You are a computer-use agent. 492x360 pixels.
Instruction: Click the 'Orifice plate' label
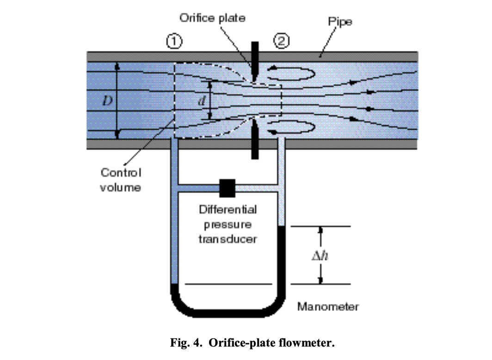pos(212,18)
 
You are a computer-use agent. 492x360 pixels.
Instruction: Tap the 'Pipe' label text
pos(340,21)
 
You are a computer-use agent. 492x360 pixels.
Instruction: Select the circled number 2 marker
pos(282,42)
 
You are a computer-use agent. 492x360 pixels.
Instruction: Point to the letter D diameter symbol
pos(107,100)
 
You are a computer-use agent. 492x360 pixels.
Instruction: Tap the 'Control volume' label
pos(121,180)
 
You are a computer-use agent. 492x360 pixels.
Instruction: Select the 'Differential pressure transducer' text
pos(228,224)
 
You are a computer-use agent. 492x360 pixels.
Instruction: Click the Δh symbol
pos(320,255)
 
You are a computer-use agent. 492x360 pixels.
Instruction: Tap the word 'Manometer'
pos(328,306)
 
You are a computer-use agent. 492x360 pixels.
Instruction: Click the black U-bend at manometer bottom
pos(227,312)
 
